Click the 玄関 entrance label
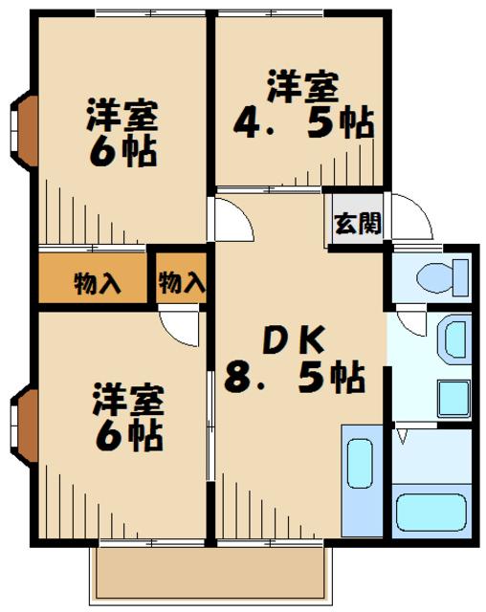point(358,223)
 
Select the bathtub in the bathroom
point(429,516)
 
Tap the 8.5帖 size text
point(295,379)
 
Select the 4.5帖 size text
point(303,125)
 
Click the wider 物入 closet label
point(98,284)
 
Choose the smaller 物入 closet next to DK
point(182,283)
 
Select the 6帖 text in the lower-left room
point(127,435)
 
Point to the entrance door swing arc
point(411,218)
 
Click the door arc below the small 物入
point(182,329)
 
